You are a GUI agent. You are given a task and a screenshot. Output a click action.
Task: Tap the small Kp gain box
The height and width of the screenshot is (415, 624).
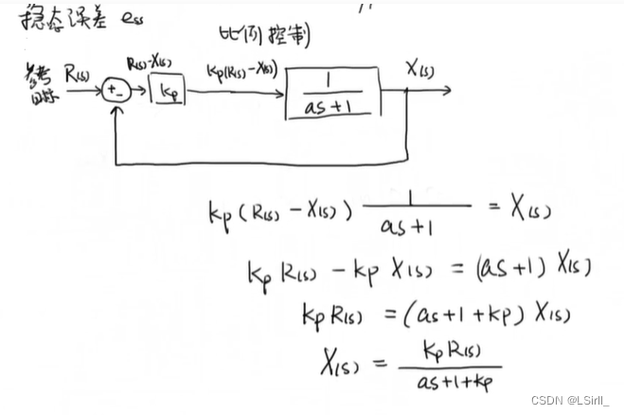169,94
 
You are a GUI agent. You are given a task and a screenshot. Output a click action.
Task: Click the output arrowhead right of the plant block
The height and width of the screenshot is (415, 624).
446,92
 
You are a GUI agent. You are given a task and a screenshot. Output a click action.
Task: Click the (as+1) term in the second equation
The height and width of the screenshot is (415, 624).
512,269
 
